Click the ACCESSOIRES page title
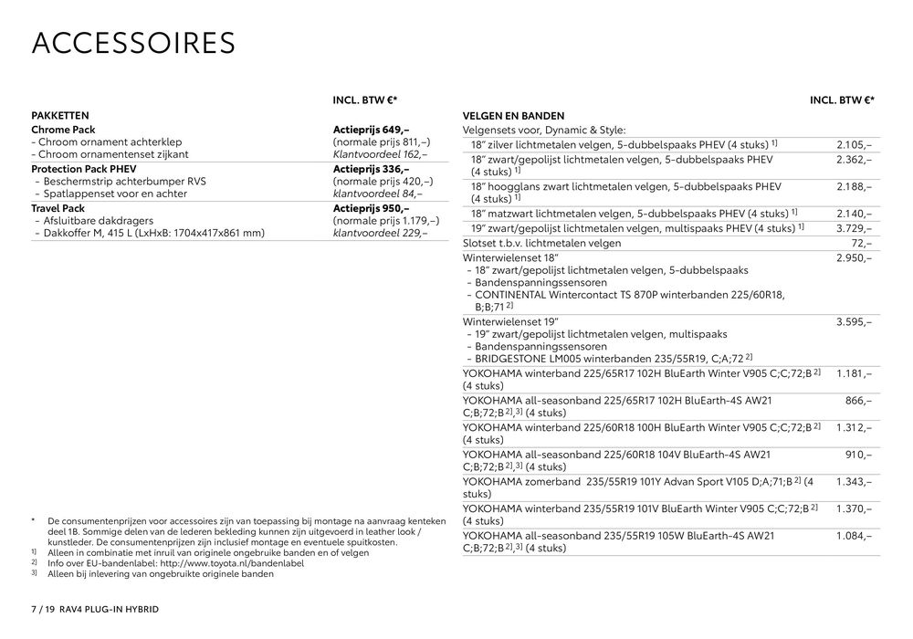pos(133,44)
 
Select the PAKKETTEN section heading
pos(59,116)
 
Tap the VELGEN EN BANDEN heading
pos(513,116)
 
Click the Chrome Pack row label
pos(63,130)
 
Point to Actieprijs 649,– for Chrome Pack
pos(372,130)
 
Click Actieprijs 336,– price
pos(372,169)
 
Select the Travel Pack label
pos(58,208)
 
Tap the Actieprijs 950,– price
pos(372,208)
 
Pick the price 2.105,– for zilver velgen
pos(854,144)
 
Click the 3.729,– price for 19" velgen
pos(854,227)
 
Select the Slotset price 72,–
pos(861,243)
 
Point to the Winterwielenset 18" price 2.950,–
pos(854,258)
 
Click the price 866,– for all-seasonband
pos(858,400)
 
